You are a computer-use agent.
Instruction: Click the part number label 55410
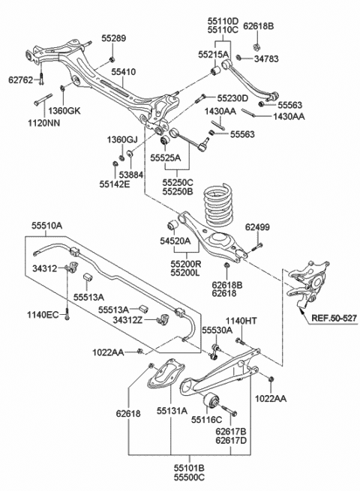pyautogui.click(x=124, y=72)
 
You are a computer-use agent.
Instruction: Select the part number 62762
pyautogui.click(x=21, y=77)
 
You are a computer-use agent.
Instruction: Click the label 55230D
pyautogui.click(x=233, y=98)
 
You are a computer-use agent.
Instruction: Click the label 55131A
pyautogui.click(x=172, y=411)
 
